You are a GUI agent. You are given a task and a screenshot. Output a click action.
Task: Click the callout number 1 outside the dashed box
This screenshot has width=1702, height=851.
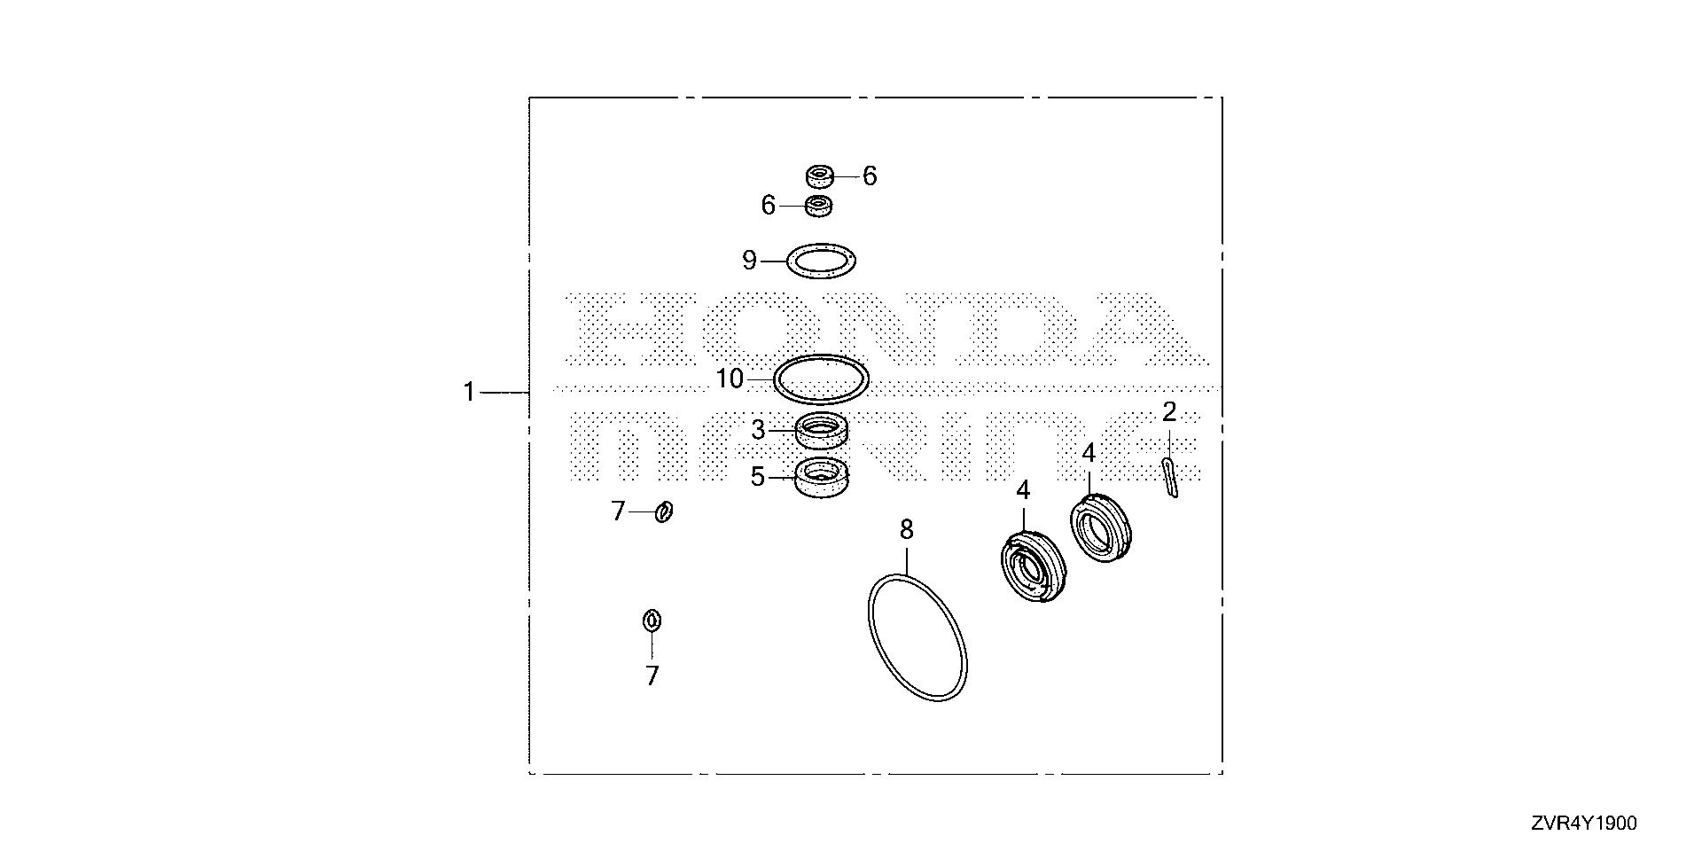470,392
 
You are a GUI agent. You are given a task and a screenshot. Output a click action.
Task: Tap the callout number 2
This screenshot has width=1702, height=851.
1169,411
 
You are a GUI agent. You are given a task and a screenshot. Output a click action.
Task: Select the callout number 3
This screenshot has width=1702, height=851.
758,431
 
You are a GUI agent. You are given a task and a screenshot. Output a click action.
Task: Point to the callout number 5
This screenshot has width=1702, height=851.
757,477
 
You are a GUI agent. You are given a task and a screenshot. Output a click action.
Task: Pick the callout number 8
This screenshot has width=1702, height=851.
906,530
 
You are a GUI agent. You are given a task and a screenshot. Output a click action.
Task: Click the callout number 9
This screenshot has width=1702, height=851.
750,261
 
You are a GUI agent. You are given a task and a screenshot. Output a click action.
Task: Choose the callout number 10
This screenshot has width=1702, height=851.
730,379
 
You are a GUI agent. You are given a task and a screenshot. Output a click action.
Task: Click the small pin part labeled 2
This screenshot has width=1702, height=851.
1170,478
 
